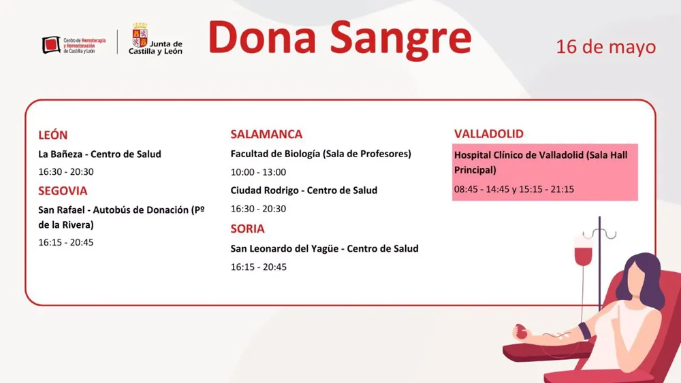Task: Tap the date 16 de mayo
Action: pos(605,47)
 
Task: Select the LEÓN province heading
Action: pos(53,135)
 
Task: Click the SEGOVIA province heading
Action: pos(63,191)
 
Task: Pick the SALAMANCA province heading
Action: pos(266,134)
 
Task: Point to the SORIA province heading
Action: pos(247,229)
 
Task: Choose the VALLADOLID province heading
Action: pos(489,134)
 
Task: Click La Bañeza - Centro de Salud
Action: pos(100,154)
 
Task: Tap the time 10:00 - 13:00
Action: pos(258,172)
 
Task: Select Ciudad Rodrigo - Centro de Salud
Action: pos(304,190)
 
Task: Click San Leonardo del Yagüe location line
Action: pos(324,249)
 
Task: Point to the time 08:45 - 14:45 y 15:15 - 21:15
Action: pos(514,189)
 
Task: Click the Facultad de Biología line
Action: pos(321,154)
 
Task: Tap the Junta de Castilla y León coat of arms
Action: pos(140,35)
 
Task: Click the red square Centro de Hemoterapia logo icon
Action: pos(51,46)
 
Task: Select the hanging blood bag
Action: pos(584,252)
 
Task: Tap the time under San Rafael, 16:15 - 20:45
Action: pos(66,242)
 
